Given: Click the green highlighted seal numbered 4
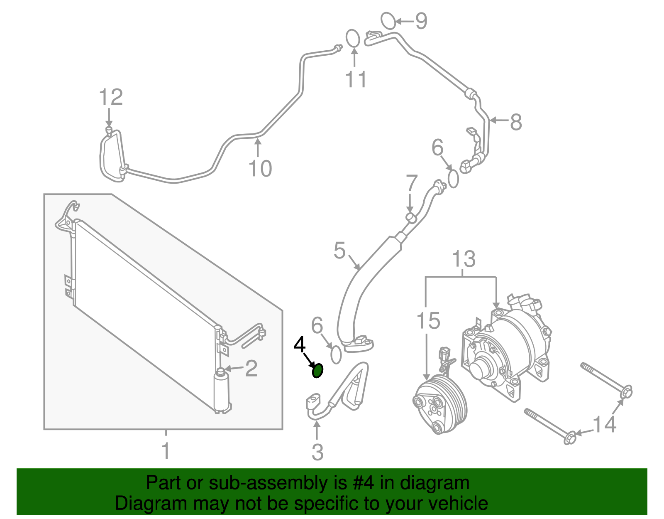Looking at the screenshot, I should click(x=317, y=370).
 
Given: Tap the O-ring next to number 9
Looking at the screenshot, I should click(x=388, y=21).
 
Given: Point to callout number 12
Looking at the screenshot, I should click(x=111, y=97).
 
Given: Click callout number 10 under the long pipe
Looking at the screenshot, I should click(x=260, y=168).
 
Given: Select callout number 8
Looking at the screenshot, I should click(x=515, y=122).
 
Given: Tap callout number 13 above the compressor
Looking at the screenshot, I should click(x=464, y=259).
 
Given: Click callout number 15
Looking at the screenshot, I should click(x=428, y=321).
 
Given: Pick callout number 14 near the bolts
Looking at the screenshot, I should click(x=604, y=424).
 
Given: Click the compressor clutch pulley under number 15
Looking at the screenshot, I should click(x=440, y=404).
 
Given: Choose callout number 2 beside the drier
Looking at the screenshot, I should click(x=251, y=368).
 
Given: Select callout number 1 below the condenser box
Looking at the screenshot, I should click(x=166, y=451).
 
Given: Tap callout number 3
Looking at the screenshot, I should click(x=317, y=452).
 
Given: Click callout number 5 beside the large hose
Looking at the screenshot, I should click(x=339, y=251).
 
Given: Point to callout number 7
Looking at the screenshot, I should click(x=411, y=183).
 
